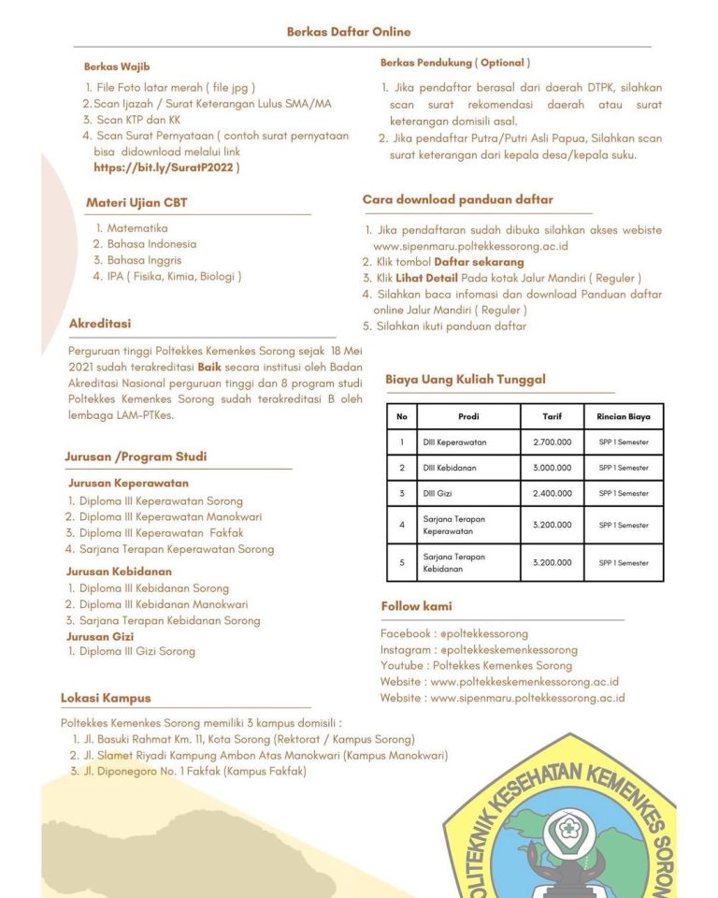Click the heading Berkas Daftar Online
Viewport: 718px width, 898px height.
coord(349,32)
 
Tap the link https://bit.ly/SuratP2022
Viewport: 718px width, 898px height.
coord(165,168)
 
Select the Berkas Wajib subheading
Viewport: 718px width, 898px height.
coord(117,66)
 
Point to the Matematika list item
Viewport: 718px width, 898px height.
coord(136,227)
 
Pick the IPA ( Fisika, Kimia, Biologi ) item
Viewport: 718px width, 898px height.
coord(174,276)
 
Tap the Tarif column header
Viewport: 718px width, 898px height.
coord(552,416)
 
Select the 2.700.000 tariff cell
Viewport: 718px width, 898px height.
coord(552,442)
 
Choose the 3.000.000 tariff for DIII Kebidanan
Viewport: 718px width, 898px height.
coord(552,467)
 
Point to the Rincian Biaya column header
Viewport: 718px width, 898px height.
coord(624,416)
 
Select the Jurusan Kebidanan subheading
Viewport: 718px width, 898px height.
coord(118,571)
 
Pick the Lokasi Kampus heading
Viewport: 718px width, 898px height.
coord(106,698)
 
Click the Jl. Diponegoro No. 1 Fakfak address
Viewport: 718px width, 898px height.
coord(193,772)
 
